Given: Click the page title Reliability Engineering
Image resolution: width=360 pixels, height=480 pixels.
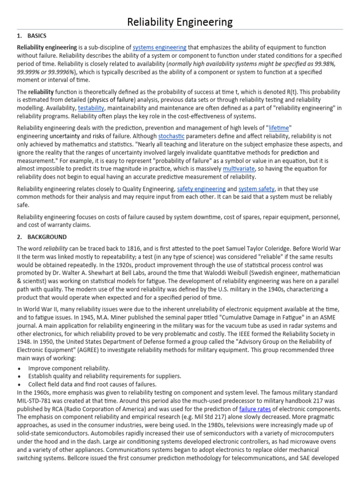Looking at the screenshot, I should coord(180,22).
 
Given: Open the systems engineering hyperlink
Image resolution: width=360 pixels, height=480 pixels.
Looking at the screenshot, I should coord(159,47).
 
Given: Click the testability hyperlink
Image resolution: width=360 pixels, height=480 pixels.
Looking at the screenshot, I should coord(91,108).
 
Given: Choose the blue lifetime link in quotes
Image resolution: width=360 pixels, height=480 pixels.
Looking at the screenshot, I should coord(279,127).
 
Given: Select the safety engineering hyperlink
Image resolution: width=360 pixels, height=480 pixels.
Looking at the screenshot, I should coord(201,189).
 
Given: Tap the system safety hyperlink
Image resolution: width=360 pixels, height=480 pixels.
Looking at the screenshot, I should coord(256,189).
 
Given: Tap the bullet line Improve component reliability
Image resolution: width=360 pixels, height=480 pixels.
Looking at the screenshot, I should coord(69,368).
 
